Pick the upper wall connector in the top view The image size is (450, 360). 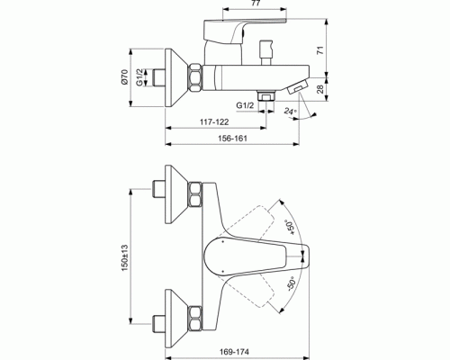click(x=179, y=191)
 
